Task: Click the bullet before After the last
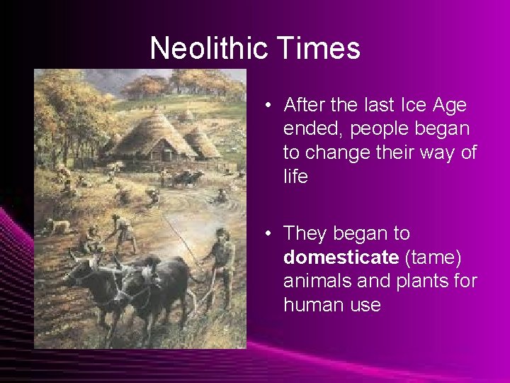click(x=271, y=106)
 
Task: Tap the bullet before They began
click(x=271, y=233)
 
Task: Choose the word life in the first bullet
click(x=295, y=177)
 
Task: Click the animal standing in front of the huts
click(x=186, y=177)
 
